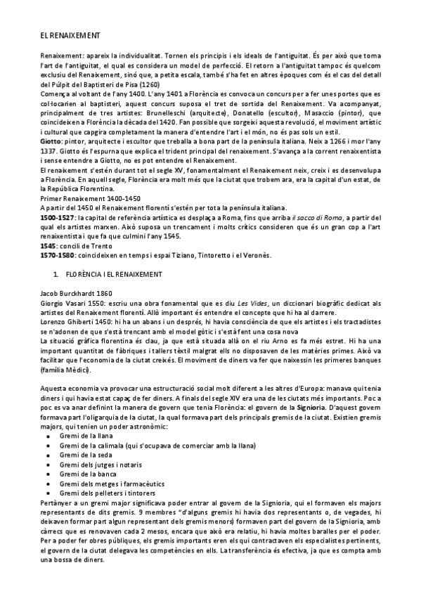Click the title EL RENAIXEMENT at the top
(x=70, y=34)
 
